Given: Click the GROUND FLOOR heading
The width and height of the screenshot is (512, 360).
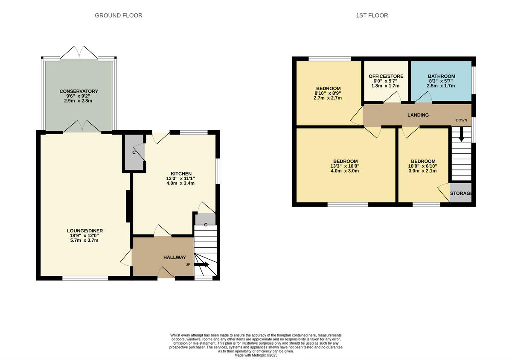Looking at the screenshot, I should [x=118, y=15].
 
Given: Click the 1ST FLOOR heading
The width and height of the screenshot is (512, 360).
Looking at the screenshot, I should [x=372, y=15].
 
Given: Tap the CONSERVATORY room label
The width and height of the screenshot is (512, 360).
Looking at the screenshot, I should [x=79, y=91].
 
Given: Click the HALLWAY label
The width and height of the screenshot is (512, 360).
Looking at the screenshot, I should [x=175, y=257].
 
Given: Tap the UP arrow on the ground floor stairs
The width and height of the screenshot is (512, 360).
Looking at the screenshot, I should [x=202, y=265].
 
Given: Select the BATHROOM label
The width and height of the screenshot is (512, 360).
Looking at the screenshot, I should [x=441, y=76].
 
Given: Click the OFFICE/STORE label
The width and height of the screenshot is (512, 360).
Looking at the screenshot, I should [x=386, y=76].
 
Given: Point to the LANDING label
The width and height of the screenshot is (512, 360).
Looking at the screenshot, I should [x=418, y=115].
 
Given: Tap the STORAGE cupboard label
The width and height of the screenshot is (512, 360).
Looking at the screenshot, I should [x=461, y=193].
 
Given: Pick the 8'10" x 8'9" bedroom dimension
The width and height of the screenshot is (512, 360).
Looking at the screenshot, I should [x=328, y=93].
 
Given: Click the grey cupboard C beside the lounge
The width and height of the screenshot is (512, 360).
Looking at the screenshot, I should [x=134, y=153].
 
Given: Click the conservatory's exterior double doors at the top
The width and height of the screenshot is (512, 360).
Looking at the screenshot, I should [x=79, y=53].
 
